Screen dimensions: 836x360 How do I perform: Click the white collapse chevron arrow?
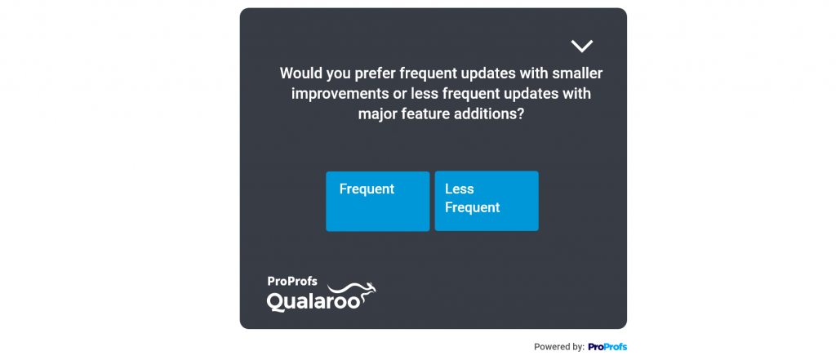tap(581, 47)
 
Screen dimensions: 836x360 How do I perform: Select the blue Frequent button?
tap(377, 201)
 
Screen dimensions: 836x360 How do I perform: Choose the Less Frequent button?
tap(487, 201)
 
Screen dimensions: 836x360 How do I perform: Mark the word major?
tap(376, 114)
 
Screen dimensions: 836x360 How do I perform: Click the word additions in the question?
tap(485, 114)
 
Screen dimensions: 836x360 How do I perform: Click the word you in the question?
tap(336, 74)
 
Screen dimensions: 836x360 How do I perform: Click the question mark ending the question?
tap(521, 114)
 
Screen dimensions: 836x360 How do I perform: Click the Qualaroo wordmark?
tap(314, 301)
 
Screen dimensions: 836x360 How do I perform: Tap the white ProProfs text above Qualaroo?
tap(292, 282)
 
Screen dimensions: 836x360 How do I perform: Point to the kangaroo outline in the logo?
tap(353, 293)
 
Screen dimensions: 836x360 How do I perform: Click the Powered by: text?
tap(559, 347)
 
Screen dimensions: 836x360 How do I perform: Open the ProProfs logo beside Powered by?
tap(607, 347)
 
